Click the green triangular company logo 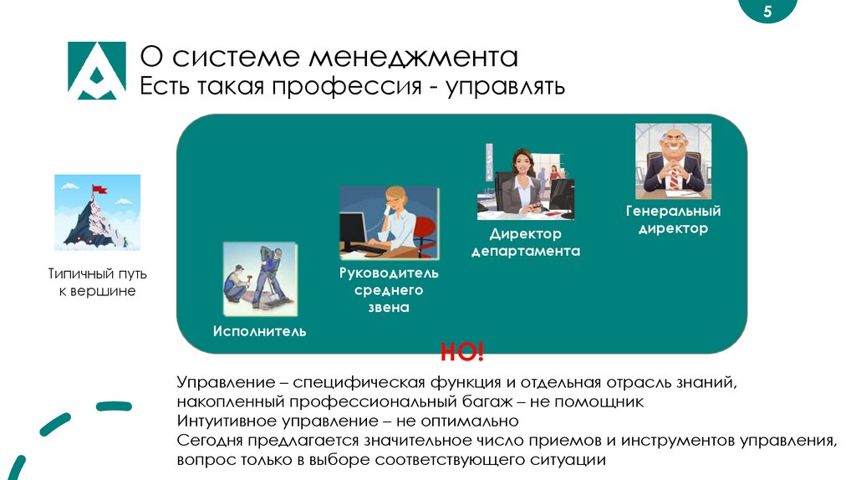96,70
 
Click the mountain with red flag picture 97,212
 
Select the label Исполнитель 259,331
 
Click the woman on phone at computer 388,223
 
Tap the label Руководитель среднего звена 388,290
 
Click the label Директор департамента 525,243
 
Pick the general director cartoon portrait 673,161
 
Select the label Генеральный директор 673,219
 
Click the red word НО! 462,352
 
